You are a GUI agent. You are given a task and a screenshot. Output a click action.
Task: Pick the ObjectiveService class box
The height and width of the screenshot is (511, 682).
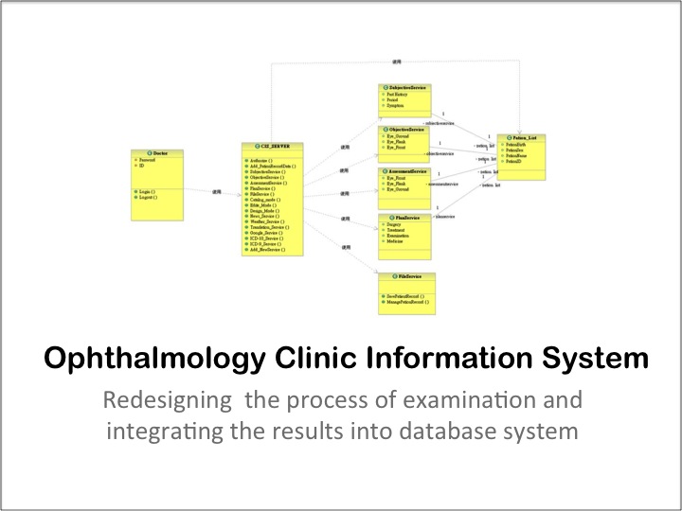coord(404,142)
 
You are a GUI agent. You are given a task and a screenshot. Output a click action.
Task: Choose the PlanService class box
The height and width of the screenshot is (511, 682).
coord(404,233)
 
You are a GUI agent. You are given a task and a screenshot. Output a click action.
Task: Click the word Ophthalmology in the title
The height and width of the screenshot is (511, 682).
coord(142,361)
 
